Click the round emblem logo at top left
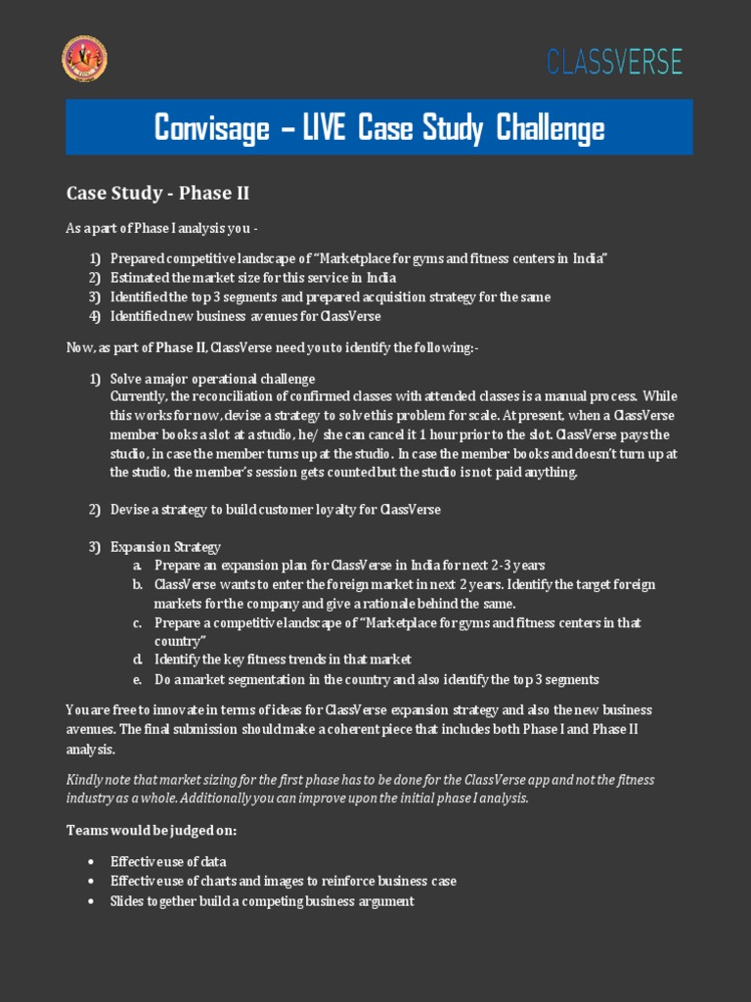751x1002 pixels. pos(85,59)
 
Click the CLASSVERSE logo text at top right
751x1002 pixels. pos(614,62)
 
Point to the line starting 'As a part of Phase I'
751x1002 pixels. pos(162,229)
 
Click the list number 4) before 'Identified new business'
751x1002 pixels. pos(95,316)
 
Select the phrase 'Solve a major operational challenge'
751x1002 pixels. pos(212,379)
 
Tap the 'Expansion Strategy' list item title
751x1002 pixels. pos(165,547)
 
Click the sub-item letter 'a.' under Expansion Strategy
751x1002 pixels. pos(138,566)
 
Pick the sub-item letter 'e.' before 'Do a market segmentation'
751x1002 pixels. pos(138,679)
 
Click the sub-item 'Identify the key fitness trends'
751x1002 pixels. pos(283,660)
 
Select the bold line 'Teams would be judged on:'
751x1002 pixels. pos(152,831)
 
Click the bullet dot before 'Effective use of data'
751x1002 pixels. pos(91,862)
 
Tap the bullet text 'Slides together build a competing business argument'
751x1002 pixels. pos(262,901)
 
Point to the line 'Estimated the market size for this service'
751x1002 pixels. pos(253,278)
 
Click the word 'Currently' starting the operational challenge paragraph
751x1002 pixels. pos(138,396)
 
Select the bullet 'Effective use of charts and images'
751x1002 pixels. pos(283,882)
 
